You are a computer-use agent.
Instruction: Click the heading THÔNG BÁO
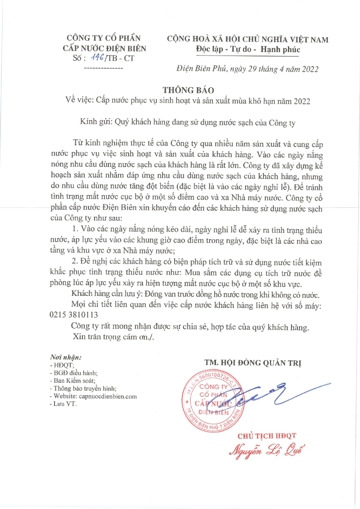coord(188,90)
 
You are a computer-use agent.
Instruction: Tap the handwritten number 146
coord(97,57)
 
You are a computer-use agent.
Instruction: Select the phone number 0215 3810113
coord(74,315)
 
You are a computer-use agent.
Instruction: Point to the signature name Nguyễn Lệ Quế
coord(267,450)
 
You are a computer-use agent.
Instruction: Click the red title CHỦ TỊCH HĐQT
coord(267,436)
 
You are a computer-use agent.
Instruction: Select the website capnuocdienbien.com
coord(108,396)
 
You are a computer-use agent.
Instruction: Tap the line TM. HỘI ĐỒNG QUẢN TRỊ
coord(253,363)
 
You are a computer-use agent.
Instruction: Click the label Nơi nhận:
coord(65,357)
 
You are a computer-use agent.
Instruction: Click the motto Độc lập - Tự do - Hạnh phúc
coord(248,50)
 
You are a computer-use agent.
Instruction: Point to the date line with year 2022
coord(247,69)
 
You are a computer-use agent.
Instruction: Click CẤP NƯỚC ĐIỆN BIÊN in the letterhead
coord(104,48)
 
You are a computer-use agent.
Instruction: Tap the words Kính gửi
coord(96,121)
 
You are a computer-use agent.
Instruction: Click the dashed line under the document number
coord(103,69)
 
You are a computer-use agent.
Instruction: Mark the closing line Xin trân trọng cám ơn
coord(113,337)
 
